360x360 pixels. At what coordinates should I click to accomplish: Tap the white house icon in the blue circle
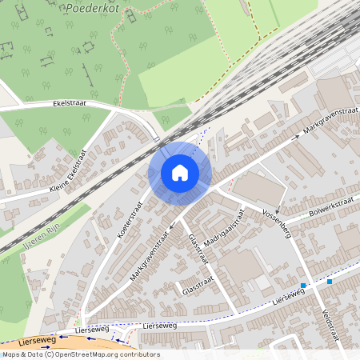point(180,173)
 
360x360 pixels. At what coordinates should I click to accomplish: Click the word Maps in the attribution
point(12,354)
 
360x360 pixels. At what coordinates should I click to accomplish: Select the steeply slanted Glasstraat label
point(198,250)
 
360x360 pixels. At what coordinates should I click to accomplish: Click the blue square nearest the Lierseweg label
point(303,286)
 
